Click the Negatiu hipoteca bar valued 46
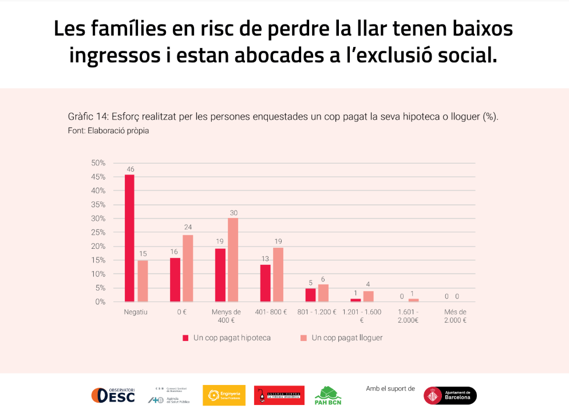click(x=129, y=238)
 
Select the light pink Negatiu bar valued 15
click(x=143, y=281)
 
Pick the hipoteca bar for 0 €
click(x=175, y=280)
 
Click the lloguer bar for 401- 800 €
click(x=278, y=275)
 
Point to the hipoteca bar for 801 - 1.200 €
click(x=310, y=295)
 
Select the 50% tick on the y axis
click(x=98, y=163)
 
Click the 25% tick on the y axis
click(x=98, y=232)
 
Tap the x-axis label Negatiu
click(x=136, y=312)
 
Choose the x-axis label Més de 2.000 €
click(x=456, y=316)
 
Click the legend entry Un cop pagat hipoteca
click(x=226, y=338)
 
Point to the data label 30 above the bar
click(x=233, y=213)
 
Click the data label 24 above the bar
click(x=188, y=227)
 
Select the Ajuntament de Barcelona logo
click(x=450, y=395)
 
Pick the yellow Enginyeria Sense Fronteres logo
click(x=224, y=395)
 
